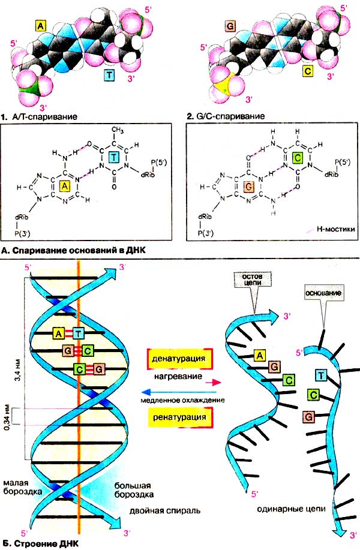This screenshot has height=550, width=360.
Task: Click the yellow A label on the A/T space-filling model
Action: click(x=40, y=26)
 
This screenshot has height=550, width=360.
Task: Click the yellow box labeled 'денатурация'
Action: click(x=179, y=359)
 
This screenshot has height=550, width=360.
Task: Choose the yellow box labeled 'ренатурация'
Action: click(x=179, y=416)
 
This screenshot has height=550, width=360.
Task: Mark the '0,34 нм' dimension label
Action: click(x=7, y=416)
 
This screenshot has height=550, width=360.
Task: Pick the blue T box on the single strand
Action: click(x=321, y=375)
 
